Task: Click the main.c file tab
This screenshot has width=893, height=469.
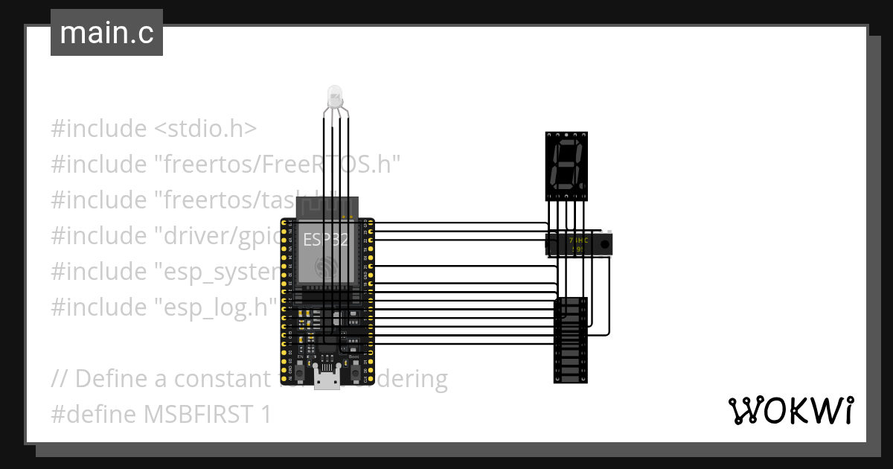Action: click(106, 33)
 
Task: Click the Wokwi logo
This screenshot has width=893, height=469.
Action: click(790, 410)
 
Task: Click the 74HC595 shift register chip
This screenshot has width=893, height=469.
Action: click(580, 243)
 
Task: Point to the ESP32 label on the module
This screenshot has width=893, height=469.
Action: click(325, 240)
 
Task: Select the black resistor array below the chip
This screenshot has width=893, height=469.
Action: click(571, 340)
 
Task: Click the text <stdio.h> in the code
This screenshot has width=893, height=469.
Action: click(205, 129)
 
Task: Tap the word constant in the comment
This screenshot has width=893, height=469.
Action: click(221, 378)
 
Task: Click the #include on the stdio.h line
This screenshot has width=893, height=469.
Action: click(99, 129)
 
